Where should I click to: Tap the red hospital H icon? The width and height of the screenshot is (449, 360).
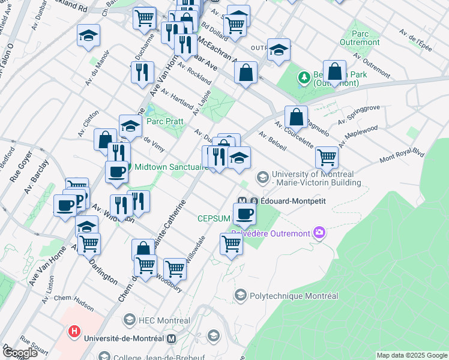point(74,331)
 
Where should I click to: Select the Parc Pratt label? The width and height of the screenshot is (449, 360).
point(163,121)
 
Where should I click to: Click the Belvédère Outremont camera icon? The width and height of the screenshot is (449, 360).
point(319,233)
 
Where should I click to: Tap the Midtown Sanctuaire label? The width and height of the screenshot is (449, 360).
point(171,167)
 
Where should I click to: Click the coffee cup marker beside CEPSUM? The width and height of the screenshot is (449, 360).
point(244,214)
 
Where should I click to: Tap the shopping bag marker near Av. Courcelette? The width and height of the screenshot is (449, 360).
point(296,116)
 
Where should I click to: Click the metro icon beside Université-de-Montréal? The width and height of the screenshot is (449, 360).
point(173,338)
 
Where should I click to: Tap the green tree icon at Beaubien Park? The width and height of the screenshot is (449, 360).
point(304,77)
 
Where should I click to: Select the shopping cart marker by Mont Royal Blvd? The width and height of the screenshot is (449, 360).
point(327,158)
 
